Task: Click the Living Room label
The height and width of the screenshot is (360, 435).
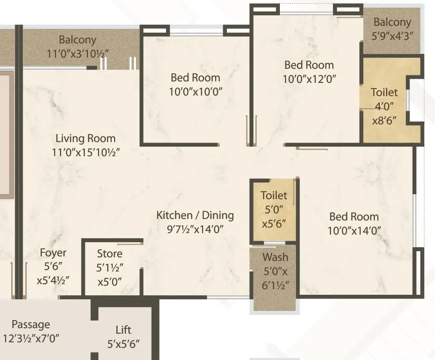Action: click(x=85, y=138)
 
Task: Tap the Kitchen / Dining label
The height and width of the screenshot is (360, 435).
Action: click(x=195, y=215)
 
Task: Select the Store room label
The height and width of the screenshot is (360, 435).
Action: click(x=110, y=253)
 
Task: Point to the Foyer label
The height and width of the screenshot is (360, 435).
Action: click(x=53, y=252)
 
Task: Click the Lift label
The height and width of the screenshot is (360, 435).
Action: click(x=123, y=330)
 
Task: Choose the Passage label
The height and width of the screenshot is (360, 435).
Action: click(x=31, y=324)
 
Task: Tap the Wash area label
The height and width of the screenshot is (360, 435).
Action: click(x=275, y=257)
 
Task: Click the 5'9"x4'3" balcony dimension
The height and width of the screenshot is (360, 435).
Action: click(x=393, y=36)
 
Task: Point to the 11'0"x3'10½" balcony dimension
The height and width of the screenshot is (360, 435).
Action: click(x=77, y=53)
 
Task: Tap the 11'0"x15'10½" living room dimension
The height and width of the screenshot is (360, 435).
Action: click(x=85, y=152)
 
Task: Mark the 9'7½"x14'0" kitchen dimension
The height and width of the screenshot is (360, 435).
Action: click(x=195, y=229)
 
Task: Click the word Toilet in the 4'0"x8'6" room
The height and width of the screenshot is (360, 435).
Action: click(x=384, y=93)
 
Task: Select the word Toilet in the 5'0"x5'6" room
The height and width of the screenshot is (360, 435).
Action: click(x=274, y=195)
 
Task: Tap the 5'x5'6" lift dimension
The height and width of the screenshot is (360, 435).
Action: click(x=123, y=344)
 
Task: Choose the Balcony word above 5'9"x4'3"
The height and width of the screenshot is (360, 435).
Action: click(x=393, y=22)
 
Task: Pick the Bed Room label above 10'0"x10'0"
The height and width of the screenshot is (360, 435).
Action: click(x=196, y=78)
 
